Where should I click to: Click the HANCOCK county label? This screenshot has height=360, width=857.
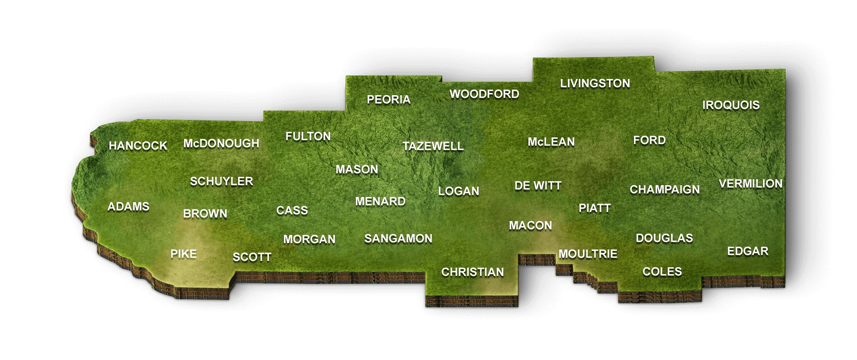tap(138, 146)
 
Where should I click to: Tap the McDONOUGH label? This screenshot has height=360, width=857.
tap(221, 143)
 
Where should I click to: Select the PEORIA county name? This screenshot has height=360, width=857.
tap(389, 99)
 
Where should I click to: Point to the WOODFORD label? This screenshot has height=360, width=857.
tap(484, 94)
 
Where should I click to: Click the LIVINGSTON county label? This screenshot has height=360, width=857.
tap(595, 83)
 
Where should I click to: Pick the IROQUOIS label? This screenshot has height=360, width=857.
tap(731, 105)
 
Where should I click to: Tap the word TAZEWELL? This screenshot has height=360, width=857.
tap(433, 146)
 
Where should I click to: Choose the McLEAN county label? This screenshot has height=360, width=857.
tap(551, 142)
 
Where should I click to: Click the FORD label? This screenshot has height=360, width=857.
tap(649, 140)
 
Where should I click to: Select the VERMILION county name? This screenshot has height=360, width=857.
tap(750, 184)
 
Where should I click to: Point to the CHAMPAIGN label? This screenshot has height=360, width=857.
tap(665, 189)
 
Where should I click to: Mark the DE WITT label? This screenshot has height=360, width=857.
tap(538, 186)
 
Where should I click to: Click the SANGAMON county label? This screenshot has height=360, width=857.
tap(398, 238)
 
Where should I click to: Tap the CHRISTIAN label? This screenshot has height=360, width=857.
tap(472, 272)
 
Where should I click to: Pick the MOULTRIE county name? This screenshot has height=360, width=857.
tap(588, 254)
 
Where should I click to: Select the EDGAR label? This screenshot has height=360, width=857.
tap(748, 251)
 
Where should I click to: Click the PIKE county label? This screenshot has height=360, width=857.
tap(183, 254)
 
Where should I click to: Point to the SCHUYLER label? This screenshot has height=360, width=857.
tap(221, 181)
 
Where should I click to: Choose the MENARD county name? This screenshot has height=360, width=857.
tap(380, 201)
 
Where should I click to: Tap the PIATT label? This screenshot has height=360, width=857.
tap(594, 208)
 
